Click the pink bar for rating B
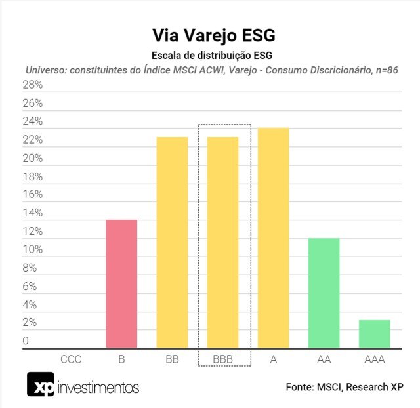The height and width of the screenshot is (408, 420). pos(121,283)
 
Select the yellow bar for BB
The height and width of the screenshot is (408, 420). pos(172,242)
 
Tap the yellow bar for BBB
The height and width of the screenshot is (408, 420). pos(223,242)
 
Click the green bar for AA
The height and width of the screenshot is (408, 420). pos(324,293)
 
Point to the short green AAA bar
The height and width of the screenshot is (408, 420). pos(374,334)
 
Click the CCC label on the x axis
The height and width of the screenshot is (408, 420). pos(71,359)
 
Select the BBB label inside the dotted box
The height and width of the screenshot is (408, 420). pos(223,359)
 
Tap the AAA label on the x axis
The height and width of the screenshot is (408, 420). pos(374,359)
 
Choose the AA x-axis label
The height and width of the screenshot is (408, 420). pos(324,359)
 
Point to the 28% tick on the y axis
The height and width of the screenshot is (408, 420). pos(33,85)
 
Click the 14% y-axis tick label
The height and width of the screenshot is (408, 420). pos(33,213)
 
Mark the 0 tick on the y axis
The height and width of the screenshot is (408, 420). pos(26,341)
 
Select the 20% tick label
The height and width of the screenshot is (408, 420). pos(33,159)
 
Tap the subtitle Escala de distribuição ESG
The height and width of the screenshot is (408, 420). pos(209,55)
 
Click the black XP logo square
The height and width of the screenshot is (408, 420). pos(40,385)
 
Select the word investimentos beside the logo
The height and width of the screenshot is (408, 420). pos(98,387)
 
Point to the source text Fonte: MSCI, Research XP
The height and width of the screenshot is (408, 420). pos(344,387)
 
